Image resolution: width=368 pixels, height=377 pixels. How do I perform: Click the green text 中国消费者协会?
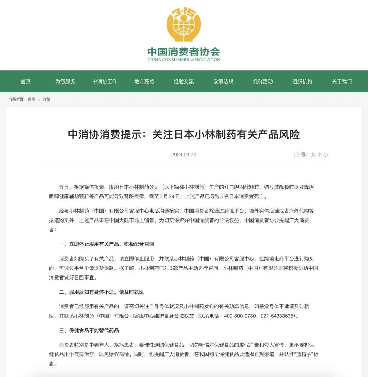tap(184, 52)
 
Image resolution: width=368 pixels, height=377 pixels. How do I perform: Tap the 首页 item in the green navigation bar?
tap(26, 81)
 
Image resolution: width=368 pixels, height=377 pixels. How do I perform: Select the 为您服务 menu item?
tap(65, 81)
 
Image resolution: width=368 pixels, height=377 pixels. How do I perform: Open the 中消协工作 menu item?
tap(105, 81)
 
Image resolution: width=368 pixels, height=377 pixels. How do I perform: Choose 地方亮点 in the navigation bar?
tap(144, 81)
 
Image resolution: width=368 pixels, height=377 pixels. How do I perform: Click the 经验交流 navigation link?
tap(184, 81)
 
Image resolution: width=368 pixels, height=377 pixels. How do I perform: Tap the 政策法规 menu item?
tap(223, 81)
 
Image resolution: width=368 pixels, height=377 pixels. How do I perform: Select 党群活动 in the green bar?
tap(263, 81)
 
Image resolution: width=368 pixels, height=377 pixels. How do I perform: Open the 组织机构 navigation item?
tap(302, 81)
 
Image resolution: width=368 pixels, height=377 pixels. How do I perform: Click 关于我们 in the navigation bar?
tap(342, 81)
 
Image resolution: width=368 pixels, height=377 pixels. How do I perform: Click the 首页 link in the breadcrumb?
tap(31, 100)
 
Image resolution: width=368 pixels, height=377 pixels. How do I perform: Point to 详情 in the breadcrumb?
tap(47, 100)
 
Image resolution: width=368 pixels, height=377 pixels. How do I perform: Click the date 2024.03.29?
tap(184, 155)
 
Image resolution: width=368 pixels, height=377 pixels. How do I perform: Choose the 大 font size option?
tap(313, 155)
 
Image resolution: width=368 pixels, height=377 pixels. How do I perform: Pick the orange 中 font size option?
tap(319, 155)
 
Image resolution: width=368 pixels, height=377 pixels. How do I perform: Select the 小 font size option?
tap(326, 155)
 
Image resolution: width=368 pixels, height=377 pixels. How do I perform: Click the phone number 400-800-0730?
tap(240, 316)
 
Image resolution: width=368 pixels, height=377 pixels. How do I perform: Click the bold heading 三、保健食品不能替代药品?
tap(89, 331)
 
